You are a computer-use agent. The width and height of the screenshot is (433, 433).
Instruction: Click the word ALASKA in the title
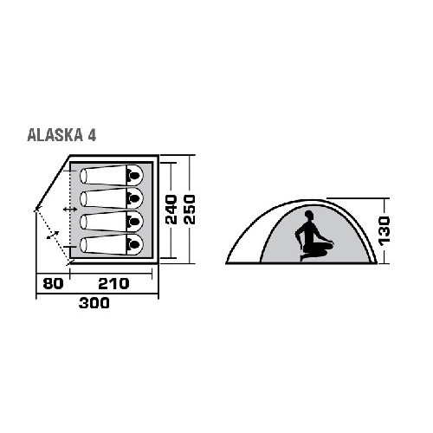tap(55, 135)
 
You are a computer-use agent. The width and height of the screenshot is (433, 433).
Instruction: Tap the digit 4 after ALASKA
tap(92, 135)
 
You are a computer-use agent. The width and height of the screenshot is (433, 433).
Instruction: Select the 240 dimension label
tap(171, 210)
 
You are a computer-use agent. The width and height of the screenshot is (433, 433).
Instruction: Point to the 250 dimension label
tap(190, 210)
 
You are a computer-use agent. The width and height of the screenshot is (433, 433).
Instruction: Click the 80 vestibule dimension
tap(53, 284)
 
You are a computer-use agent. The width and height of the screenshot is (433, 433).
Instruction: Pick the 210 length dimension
tap(113, 284)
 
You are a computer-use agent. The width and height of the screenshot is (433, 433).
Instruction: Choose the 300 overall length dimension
tap(94, 303)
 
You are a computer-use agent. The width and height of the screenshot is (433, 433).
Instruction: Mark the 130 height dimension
tap(385, 231)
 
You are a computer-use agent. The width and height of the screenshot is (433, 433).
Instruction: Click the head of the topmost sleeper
tap(134, 175)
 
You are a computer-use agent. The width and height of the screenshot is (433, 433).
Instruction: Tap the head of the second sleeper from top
tap(134, 198)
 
